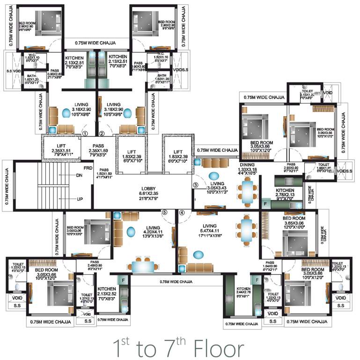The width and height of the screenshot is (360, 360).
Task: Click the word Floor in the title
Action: (x=217, y=349)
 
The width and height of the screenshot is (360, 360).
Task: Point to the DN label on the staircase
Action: (x=79, y=175)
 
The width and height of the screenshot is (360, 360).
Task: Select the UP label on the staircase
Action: (x=79, y=199)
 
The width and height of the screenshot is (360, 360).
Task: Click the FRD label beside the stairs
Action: (x=88, y=167)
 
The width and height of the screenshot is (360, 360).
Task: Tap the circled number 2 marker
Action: (x=102, y=133)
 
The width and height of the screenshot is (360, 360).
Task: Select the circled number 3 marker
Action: (x=196, y=185)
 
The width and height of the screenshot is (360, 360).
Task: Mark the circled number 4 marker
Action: (x=182, y=212)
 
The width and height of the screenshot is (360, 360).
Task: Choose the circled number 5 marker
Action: (x=164, y=212)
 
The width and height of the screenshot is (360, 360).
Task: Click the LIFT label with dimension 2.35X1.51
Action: (x=60, y=146)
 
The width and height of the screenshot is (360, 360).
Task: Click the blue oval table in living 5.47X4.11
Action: (x=198, y=255)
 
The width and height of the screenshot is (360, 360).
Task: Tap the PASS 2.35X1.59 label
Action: (x=98, y=146)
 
